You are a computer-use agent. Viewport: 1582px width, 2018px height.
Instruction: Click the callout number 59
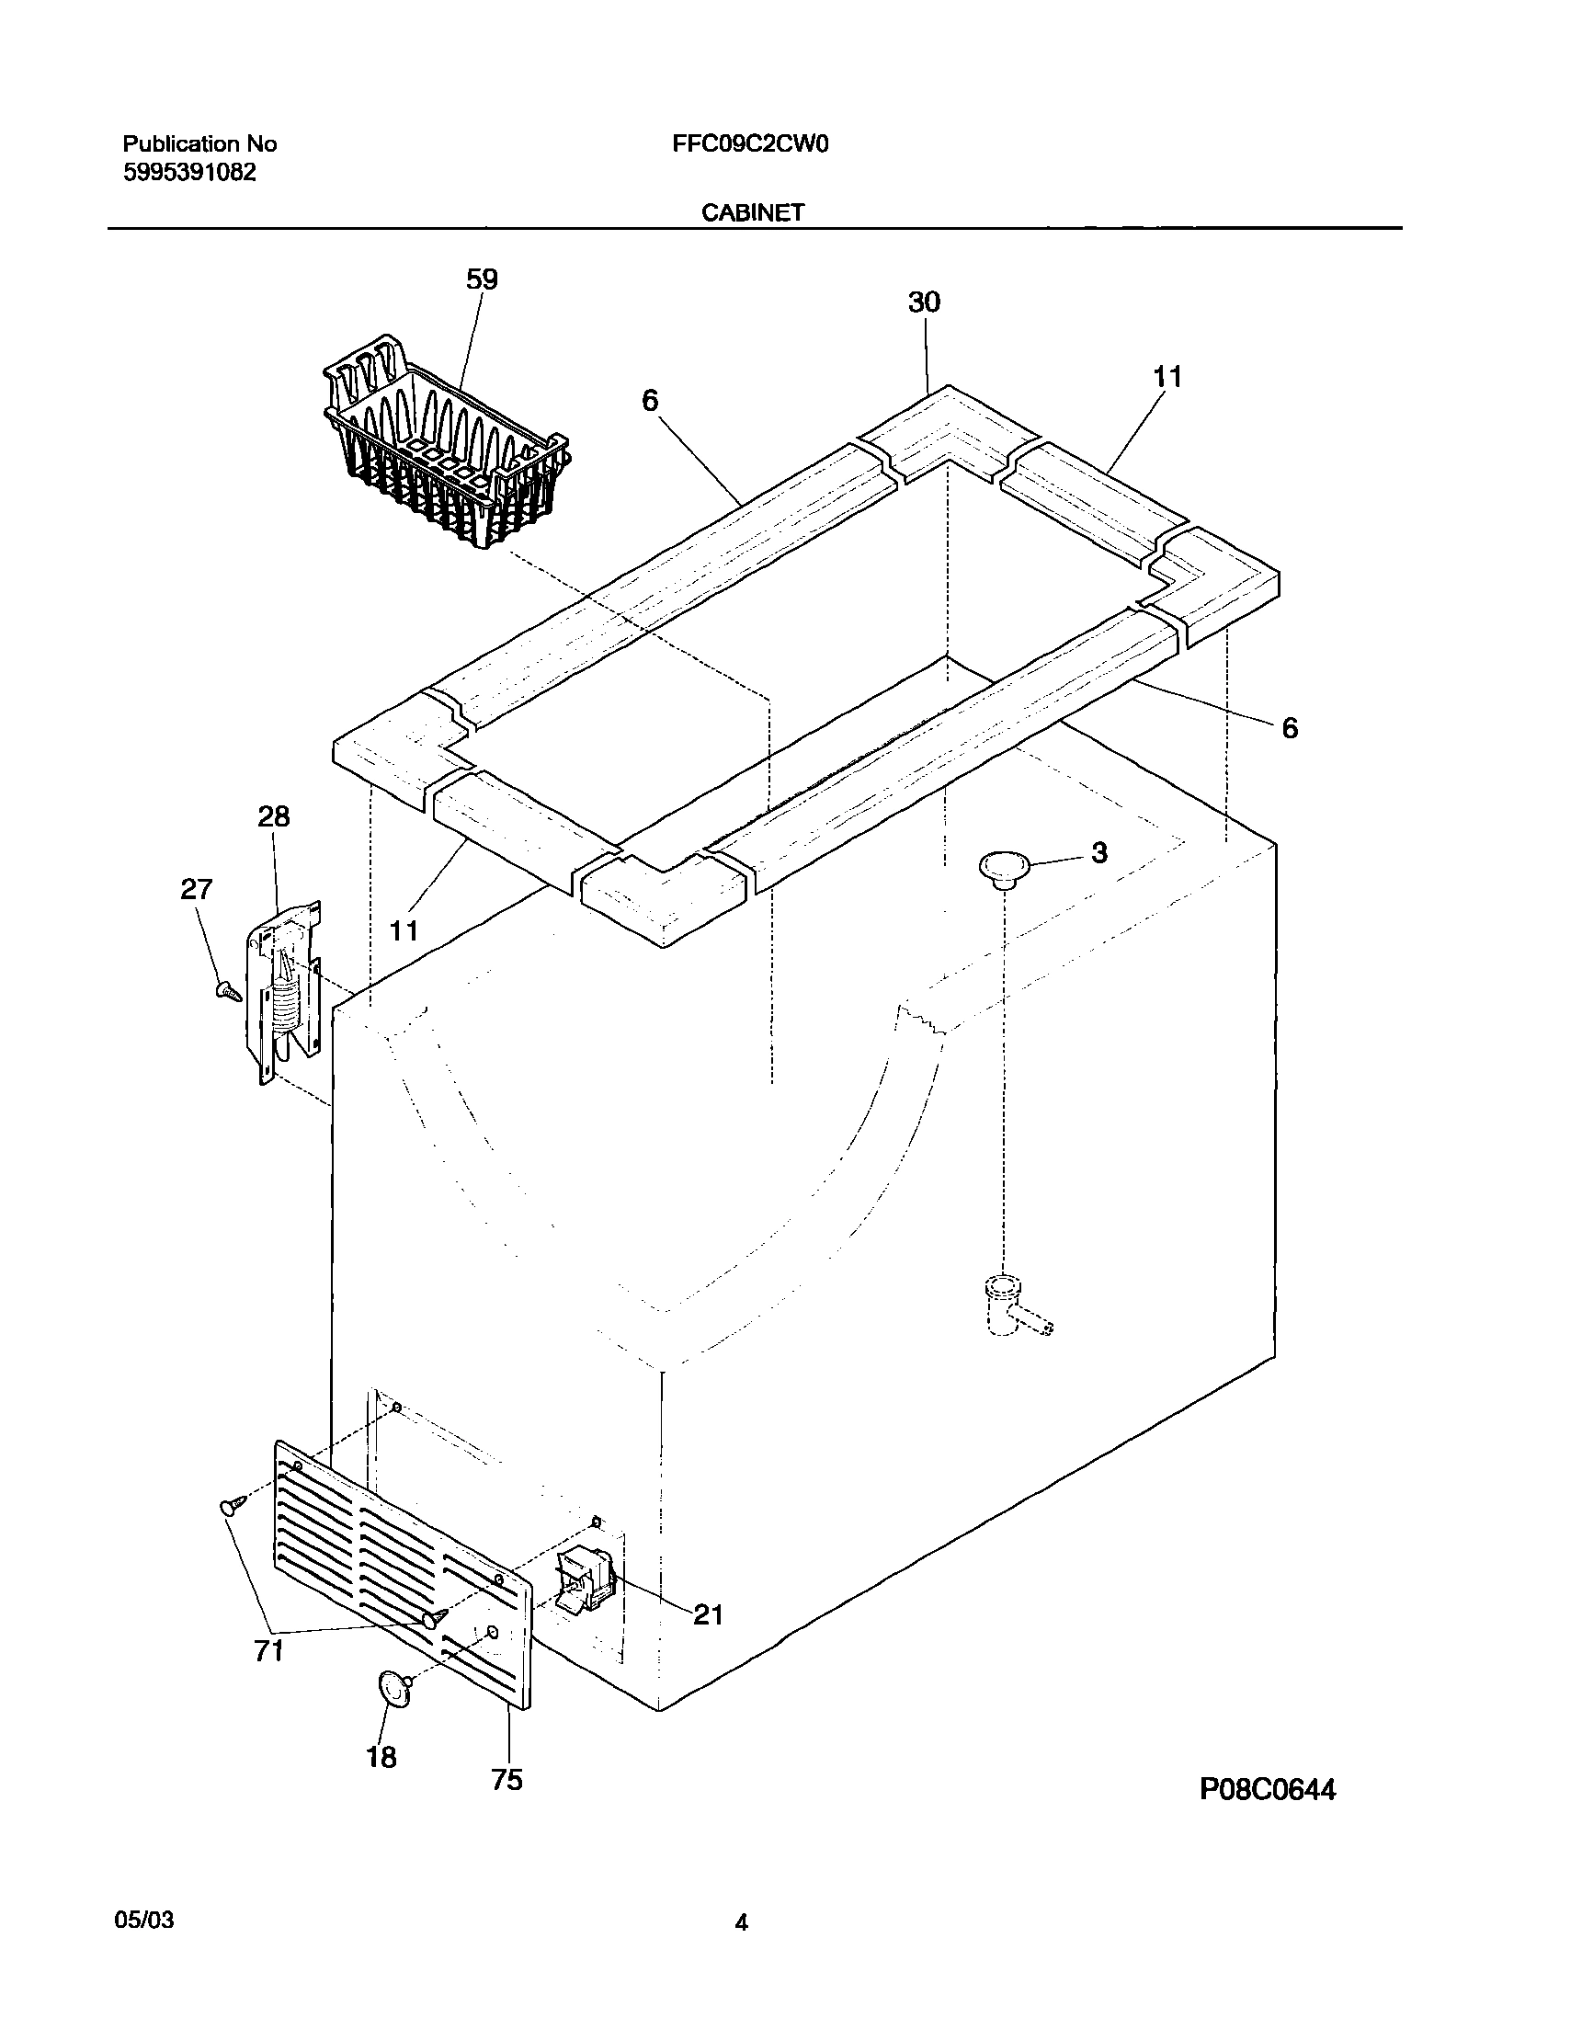click(482, 279)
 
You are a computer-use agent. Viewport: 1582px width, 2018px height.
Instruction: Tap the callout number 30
click(924, 302)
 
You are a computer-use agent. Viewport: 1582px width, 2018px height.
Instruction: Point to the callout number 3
click(1098, 853)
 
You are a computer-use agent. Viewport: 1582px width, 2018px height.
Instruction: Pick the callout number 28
click(273, 816)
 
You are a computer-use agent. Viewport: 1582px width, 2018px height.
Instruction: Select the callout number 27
click(197, 889)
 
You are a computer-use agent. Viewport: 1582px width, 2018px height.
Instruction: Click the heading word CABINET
click(752, 213)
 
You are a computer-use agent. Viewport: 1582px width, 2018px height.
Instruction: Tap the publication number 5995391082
click(189, 172)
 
